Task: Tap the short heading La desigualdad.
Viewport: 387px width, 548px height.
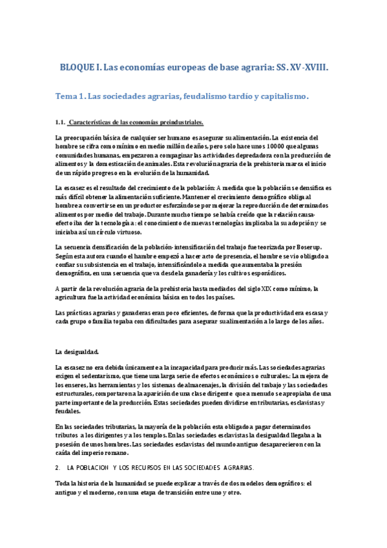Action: tap(77, 352)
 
